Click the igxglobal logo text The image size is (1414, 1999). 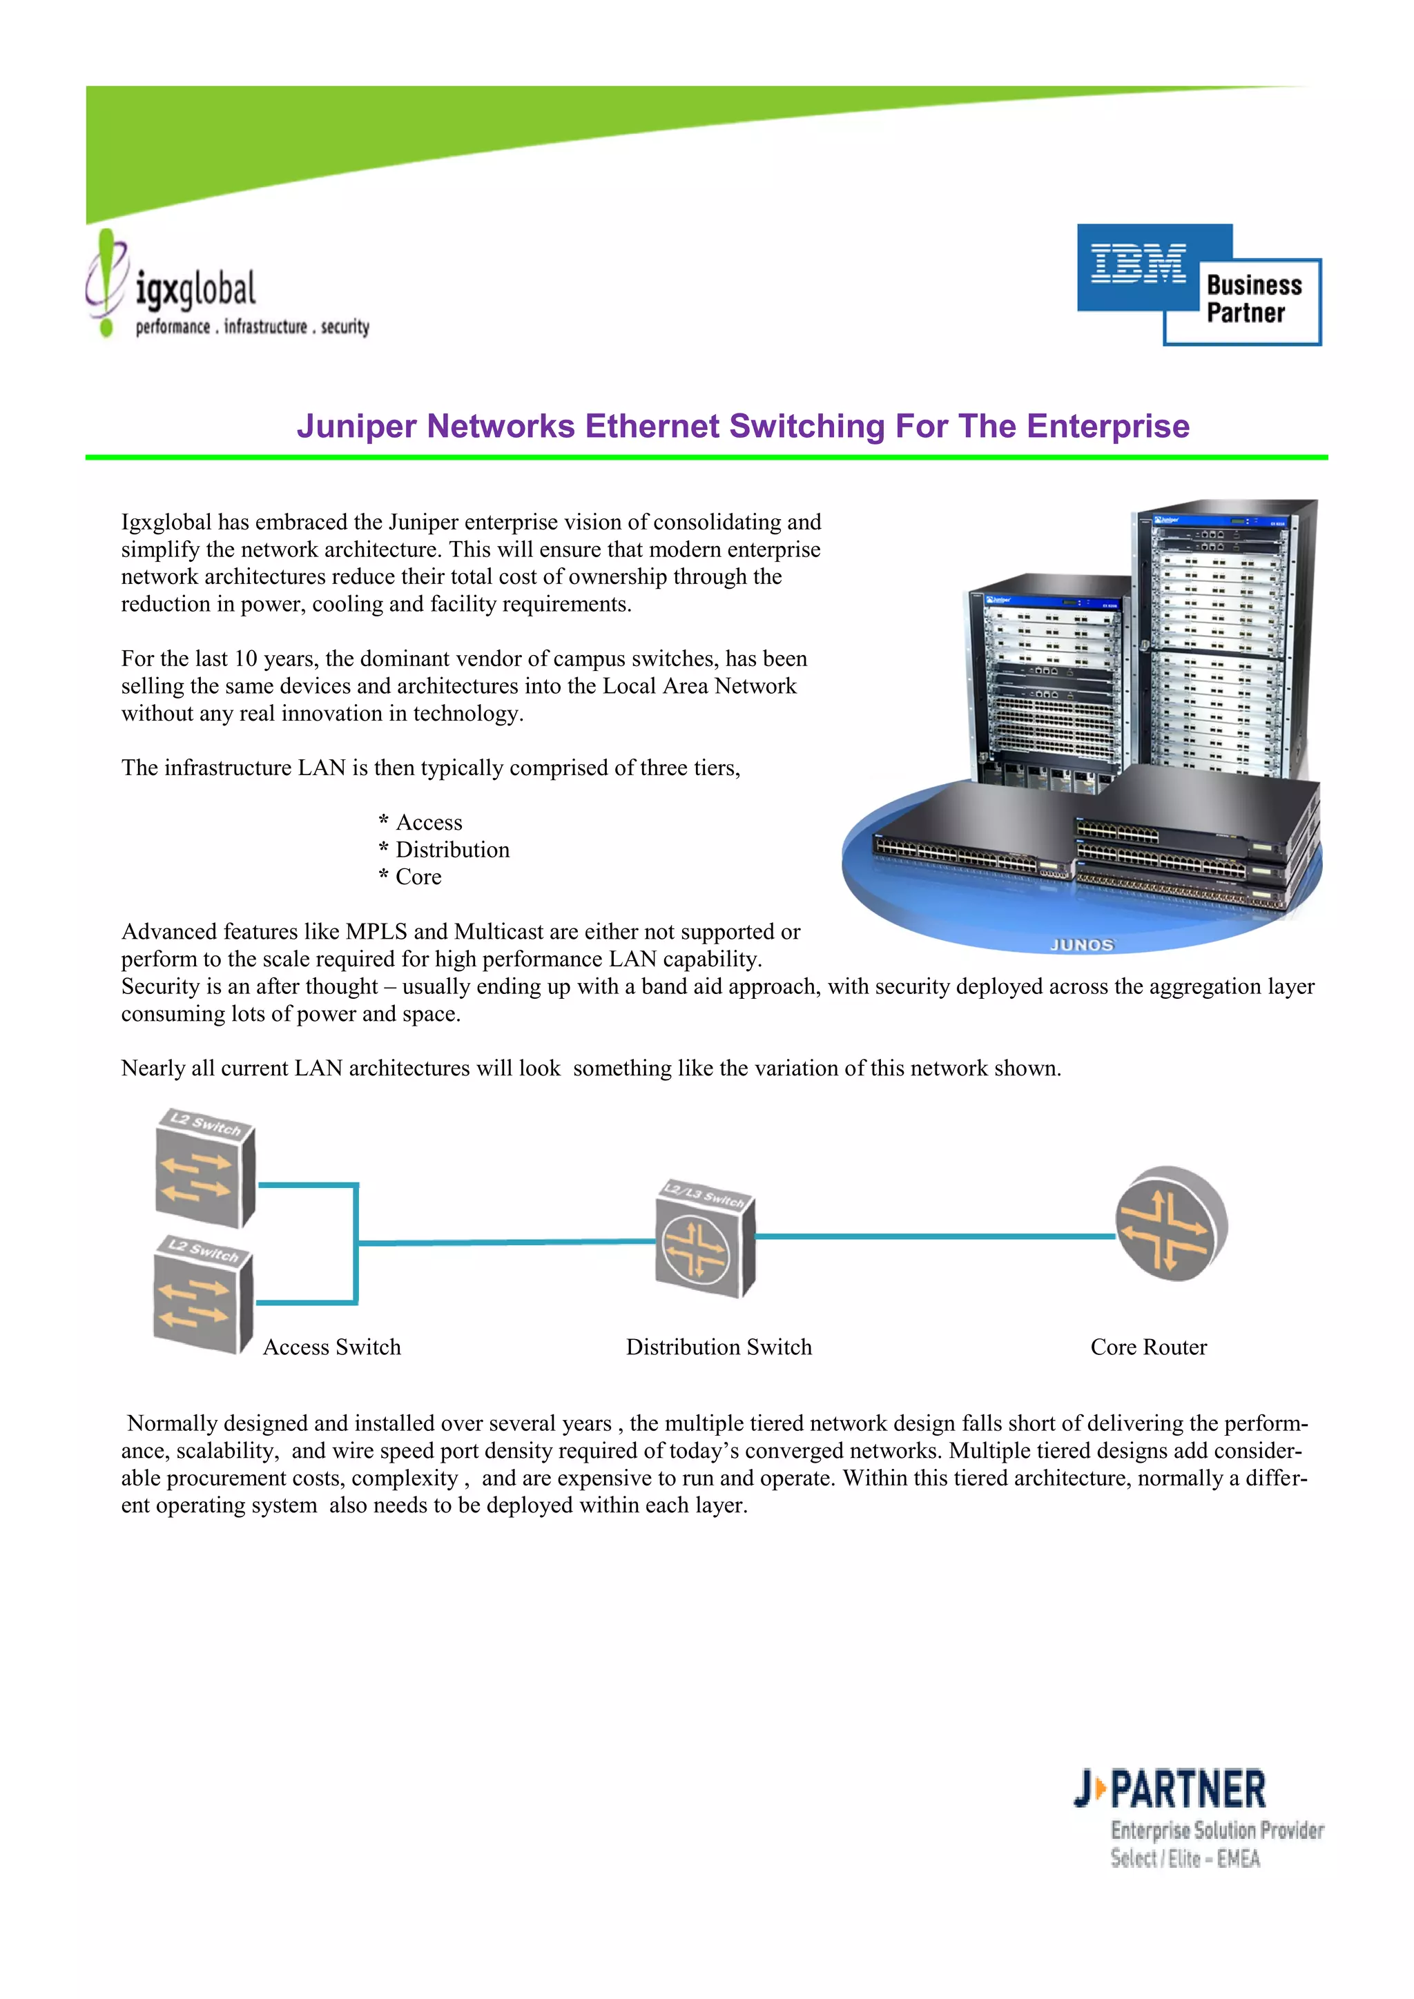pos(196,289)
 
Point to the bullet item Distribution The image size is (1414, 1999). pos(452,850)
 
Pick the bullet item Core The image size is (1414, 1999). pos(418,877)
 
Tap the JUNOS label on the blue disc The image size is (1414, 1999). pos(1081,945)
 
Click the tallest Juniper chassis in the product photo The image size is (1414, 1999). pos(1223,644)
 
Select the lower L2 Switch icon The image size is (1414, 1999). pos(202,1295)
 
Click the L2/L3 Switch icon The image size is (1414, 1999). pos(704,1240)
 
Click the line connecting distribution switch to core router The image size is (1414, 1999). pos(931,1236)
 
